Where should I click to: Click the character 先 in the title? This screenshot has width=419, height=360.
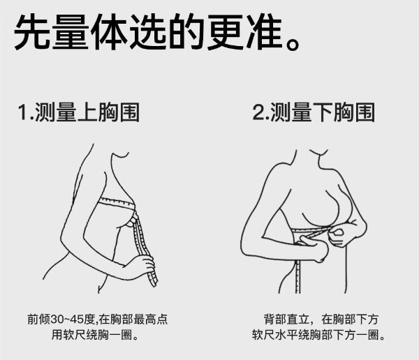click(x=32, y=31)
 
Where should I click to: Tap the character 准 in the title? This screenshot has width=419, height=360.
click(x=264, y=31)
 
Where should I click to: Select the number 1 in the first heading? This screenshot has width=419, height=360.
click(x=23, y=112)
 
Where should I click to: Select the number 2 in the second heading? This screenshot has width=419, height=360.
click(x=258, y=112)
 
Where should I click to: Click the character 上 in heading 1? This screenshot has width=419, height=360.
click(x=87, y=112)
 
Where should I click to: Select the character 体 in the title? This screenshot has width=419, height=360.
click(x=110, y=31)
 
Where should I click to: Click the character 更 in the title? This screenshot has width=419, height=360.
click(x=226, y=31)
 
